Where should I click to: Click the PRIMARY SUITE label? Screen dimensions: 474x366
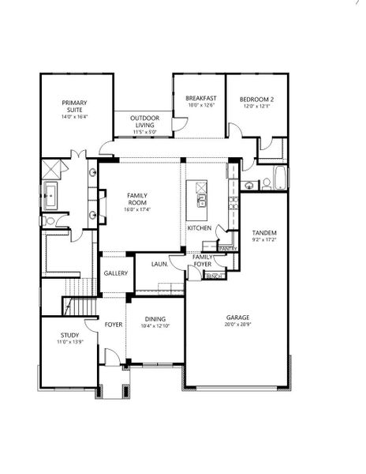(x=75, y=106)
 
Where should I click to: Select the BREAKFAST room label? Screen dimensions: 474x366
(x=201, y=99)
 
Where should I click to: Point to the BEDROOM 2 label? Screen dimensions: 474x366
(x=256, y=99)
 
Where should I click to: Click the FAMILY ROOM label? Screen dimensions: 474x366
(x=137, y=198)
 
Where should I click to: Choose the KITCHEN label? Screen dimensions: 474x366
(x=200, y=228)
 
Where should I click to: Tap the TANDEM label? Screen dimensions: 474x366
(x=264, y=233)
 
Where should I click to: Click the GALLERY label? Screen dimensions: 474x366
(x=115, y=273)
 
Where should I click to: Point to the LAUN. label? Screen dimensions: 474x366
(x=159, y=264)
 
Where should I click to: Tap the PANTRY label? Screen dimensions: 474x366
(x=228, y=249)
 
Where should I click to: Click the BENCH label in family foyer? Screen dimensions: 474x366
(x=213, y=276)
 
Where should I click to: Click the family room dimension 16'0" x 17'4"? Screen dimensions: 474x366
(x=137, y=209)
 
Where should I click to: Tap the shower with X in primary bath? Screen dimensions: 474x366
(x=53, y=168)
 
